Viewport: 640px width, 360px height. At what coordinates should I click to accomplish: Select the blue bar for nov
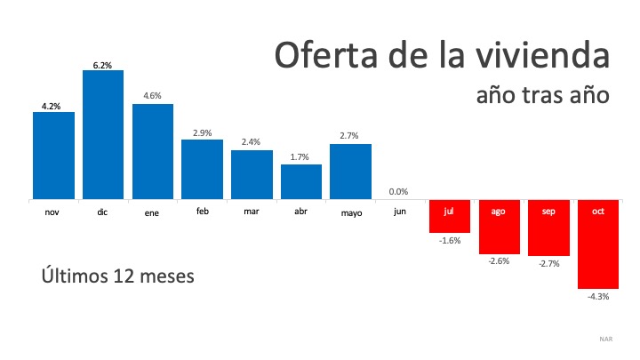pyautogui.click(x=53, y=156)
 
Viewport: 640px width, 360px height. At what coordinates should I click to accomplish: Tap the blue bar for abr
pyautogui.click(x=301, y=182)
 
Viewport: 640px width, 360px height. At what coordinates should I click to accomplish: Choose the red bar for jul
pyautogui.click(x=450, y=218)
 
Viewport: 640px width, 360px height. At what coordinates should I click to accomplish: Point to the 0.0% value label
pyautogui.click(x=400, y=191)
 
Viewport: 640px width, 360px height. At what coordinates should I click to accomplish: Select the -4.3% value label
pyautogui.click(x=598, y=297)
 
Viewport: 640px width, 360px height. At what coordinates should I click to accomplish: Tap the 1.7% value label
pyautogui.click(x=301, y=157)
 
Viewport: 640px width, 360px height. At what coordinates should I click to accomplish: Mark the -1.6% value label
pyautogui.click(x=450, y=241)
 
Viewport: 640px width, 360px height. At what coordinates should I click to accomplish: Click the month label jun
pyautogui.click(x=400, y=212)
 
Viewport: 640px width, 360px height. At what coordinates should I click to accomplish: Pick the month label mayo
pyautogui.click(x=350, y=213)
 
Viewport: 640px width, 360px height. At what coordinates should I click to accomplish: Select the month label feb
pyautogui.click(x=202, y=212)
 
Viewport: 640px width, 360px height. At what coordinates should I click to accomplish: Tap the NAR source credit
pyautogui.click(x=606, y=339)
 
